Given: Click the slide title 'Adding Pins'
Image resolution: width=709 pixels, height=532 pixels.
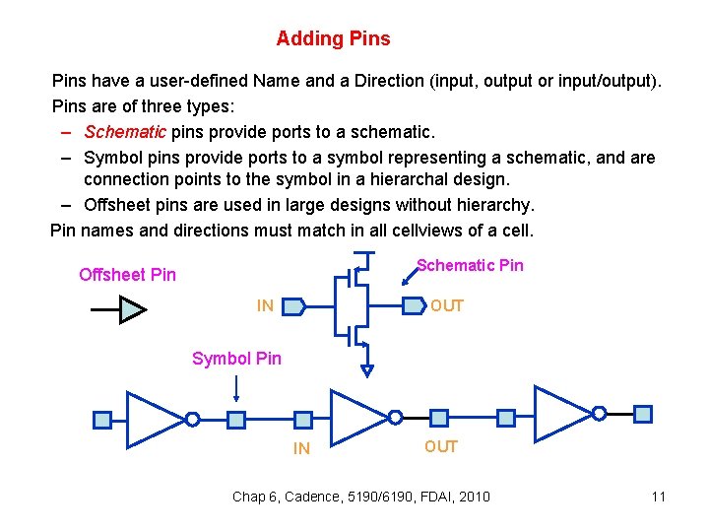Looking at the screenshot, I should (x=333, y=39).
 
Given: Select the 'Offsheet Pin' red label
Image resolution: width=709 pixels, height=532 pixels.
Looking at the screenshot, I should (x=127, y=275).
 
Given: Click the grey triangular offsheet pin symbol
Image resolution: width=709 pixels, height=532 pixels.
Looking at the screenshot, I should (x=132, y=310).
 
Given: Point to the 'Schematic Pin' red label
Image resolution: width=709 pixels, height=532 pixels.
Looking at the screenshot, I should (x=470, y=265).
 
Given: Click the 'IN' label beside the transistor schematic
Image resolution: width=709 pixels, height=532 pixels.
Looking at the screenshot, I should (x=265, y=306).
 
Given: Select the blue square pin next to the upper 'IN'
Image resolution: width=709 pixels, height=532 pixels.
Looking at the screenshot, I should (x=292, y=306).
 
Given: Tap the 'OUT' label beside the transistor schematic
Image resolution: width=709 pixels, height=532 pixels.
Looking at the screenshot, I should (x=446, y=306).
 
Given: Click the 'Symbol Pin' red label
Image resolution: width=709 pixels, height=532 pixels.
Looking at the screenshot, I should (x=236, y=359).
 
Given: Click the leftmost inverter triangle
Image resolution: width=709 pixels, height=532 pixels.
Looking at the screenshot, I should (x=153, y=419).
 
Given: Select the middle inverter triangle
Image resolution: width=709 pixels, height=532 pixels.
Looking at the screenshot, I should (x=356, y=417).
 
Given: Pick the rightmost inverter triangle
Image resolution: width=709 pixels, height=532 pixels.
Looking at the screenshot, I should (x=561, y=413).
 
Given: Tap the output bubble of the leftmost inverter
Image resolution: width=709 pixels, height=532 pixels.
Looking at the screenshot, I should (x=193, y=420).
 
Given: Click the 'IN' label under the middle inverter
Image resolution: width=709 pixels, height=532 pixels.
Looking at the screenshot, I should (x=301, y=449).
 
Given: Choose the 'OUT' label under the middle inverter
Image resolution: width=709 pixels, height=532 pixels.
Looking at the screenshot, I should (x=441, y=447).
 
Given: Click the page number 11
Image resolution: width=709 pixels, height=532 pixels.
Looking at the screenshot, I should (x=659, y=497).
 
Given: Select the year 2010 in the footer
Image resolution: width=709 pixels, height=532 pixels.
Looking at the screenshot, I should (x=474, y=497).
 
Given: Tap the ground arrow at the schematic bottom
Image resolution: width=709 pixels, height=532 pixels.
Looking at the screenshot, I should (x=367, y=371).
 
